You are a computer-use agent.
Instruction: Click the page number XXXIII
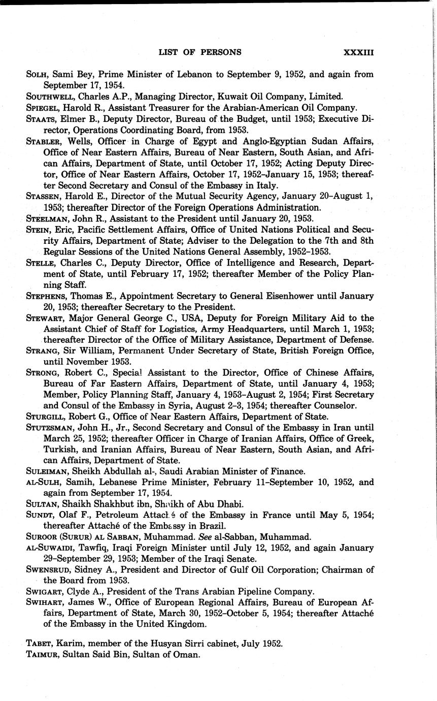358,52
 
